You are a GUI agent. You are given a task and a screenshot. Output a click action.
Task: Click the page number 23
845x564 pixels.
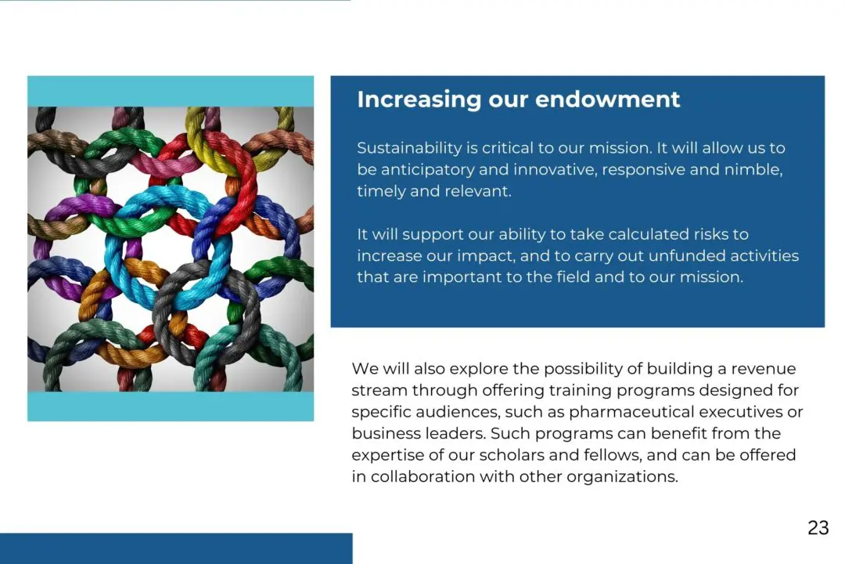pyautogui.click(x=818, y=527)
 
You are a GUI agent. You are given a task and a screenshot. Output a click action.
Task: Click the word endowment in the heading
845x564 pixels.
pyautogui.click(x=607, y=99)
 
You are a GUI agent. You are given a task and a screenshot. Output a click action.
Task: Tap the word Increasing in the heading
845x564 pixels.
pyautogui.click(x=419, y=100)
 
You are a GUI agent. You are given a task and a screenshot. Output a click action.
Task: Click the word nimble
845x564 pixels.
pyautogui.click(x=753, y=169)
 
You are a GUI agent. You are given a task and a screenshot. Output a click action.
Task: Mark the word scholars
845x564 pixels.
pyautogui.click(x=512, y=454)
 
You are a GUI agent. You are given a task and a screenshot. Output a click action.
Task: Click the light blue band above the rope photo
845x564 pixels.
pyautogui.click(x=171, y=91)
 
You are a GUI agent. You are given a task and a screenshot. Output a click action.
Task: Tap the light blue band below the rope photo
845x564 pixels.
pyautogui.click(x=171, y=407)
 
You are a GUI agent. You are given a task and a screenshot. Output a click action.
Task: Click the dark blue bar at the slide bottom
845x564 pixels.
pyautogui.click(x=176, y=548)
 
